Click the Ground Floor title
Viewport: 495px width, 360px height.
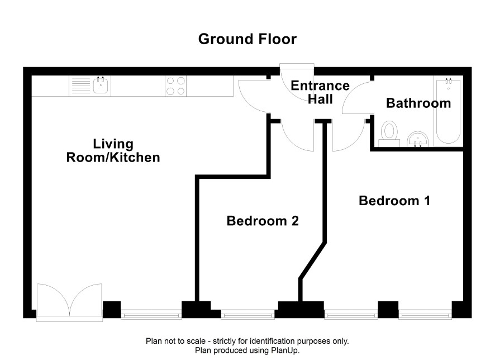(x=247, y=39)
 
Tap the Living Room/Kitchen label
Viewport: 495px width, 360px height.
(x=113, y=150)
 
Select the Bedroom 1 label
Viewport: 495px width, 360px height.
(x=394, y=201)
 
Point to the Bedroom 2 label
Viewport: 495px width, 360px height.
(x=263, y=221)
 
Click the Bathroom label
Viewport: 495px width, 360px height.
(x=418, y=103)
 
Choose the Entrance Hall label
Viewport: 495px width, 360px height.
(x=320, y=92)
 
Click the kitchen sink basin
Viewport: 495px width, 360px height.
(x=101, y=86)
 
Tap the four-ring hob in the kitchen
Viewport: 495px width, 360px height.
(x=175, y=86)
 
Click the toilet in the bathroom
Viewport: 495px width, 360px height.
(x=389, y=134)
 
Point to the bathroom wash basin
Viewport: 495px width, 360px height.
(x=418, y=139)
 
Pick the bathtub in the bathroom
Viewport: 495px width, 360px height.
(x=448, y=111)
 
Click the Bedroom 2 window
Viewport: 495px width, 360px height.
(x=248, y=314)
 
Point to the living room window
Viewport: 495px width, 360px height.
(x=151, y=314)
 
